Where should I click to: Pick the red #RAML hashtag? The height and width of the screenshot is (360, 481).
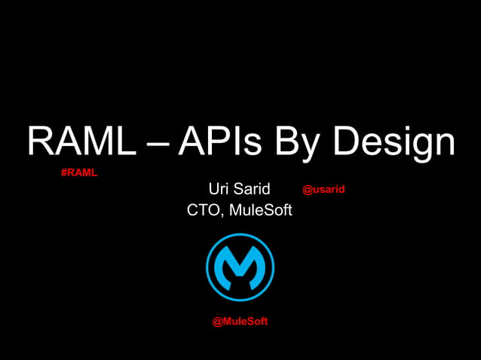[78, 172]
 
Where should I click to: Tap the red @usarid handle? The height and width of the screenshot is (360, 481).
[323, 189]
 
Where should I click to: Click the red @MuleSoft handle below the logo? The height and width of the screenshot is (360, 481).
[240, 322]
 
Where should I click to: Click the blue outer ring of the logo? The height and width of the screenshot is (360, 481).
[210, 267]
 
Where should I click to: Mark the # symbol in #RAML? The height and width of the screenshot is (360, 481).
[63, 172]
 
